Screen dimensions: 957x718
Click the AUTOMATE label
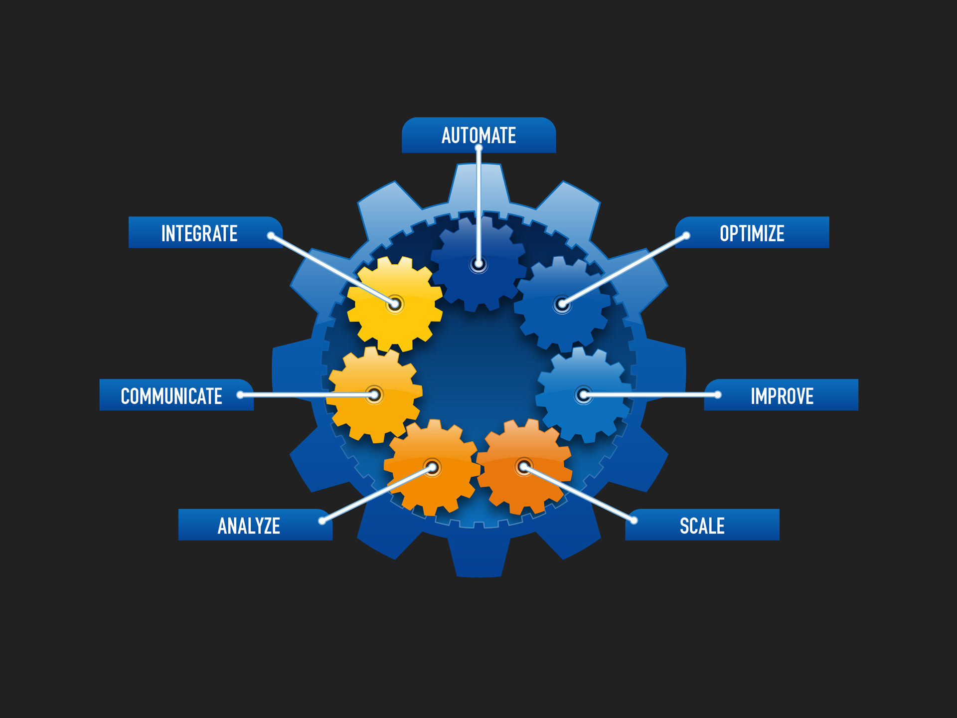478,135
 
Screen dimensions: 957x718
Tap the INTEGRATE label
199,233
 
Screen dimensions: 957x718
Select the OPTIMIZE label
752,233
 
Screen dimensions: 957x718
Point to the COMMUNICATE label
171,396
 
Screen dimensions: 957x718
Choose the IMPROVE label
782,396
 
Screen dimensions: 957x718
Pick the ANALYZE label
249,526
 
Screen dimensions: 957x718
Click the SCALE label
702,526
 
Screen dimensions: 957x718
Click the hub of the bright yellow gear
395,304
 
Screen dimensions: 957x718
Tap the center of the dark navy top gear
478,264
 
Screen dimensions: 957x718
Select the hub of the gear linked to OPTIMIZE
562,304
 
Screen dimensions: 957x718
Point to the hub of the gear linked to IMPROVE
583,395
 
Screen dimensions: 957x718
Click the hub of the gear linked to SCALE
523,467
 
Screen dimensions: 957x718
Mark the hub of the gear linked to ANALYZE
433,467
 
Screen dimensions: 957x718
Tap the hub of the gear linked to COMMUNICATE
374,395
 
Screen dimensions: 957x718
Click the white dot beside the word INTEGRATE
271,235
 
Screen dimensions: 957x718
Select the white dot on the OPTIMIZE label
686,235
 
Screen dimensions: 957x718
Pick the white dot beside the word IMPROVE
718,395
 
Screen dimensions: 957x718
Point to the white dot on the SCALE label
634,521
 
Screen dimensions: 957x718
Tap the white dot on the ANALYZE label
322,521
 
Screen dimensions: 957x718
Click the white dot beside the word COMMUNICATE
240,395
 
